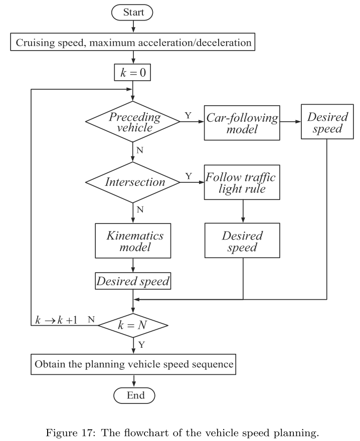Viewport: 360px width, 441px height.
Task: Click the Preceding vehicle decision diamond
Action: click(133, 121)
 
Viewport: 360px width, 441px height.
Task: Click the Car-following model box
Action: click(242, 122)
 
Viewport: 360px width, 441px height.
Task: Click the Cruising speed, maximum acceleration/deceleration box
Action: click(133, 43)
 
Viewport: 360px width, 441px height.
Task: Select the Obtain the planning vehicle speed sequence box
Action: click(133, 364)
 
